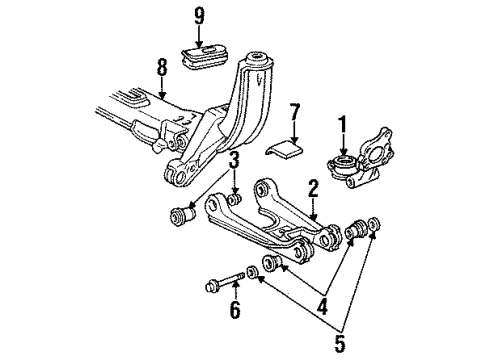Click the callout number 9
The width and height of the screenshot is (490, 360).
click(198, 17)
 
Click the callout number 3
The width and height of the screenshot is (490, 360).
click(232, 159)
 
